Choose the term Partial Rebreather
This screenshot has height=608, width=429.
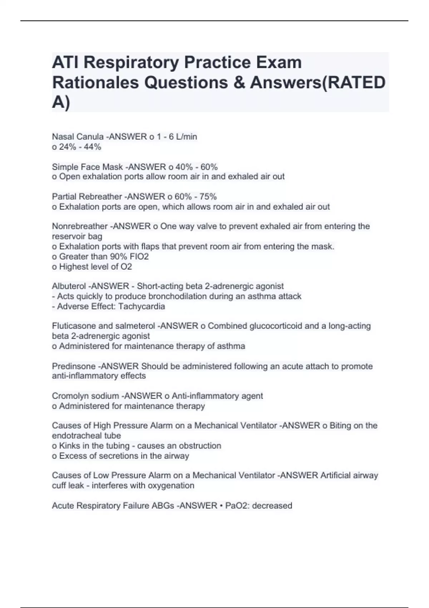[87, 196]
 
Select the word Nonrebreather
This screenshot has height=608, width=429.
[80, 226]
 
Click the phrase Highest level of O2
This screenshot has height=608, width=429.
[95, 266]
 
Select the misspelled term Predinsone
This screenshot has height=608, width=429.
[74, 366]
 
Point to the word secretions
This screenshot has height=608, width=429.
[124, 456]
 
